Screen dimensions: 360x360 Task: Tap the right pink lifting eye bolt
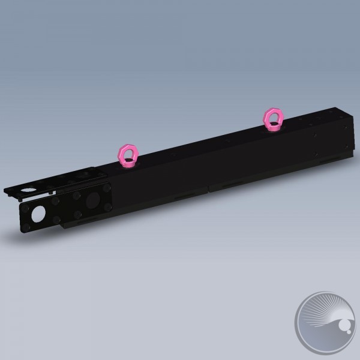[273, 118]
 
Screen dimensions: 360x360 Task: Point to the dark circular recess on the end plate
[94, 200]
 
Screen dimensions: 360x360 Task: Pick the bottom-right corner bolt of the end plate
[107, 207]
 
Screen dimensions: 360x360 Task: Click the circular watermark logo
[324, 323]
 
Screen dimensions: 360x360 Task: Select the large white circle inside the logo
[346, 327]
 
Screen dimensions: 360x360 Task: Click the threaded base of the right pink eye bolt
[274, 126]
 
